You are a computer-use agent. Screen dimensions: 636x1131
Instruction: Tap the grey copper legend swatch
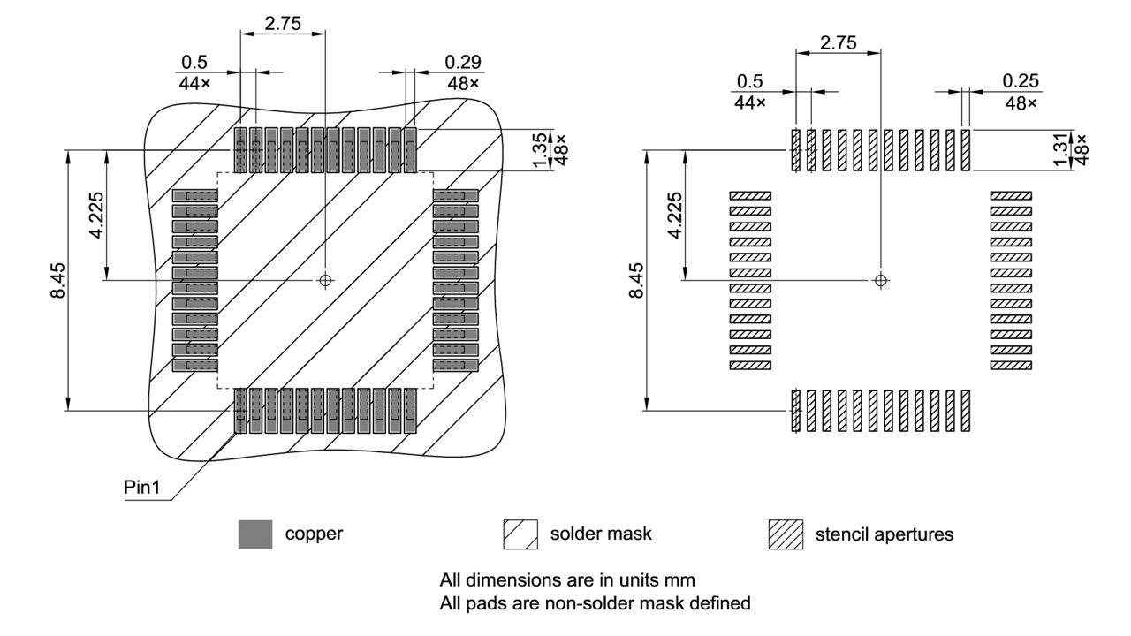click(255, 534)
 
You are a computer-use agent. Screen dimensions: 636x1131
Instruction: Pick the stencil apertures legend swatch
click(786, 534)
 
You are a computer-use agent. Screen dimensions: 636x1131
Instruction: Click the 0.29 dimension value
click(464, 63)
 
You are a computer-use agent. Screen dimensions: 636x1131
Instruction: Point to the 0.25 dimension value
click(1021, 80)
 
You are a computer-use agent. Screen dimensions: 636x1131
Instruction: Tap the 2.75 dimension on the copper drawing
click(283, 24)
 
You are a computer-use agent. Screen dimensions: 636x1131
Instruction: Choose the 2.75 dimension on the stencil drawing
click(838, 43)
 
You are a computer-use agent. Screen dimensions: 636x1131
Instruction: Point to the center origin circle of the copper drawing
click(325, 280)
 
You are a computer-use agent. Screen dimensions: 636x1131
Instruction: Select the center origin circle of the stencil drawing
click(880, 280)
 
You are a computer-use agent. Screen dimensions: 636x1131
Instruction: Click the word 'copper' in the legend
click(314, 534)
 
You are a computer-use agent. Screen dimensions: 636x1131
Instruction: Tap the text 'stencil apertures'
click(884, 534)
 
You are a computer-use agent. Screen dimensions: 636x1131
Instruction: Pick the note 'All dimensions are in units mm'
click(567, 580)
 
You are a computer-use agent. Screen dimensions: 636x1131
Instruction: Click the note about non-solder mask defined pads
click(596, 603)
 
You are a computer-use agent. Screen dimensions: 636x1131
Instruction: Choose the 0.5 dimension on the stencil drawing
click(748, 81)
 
